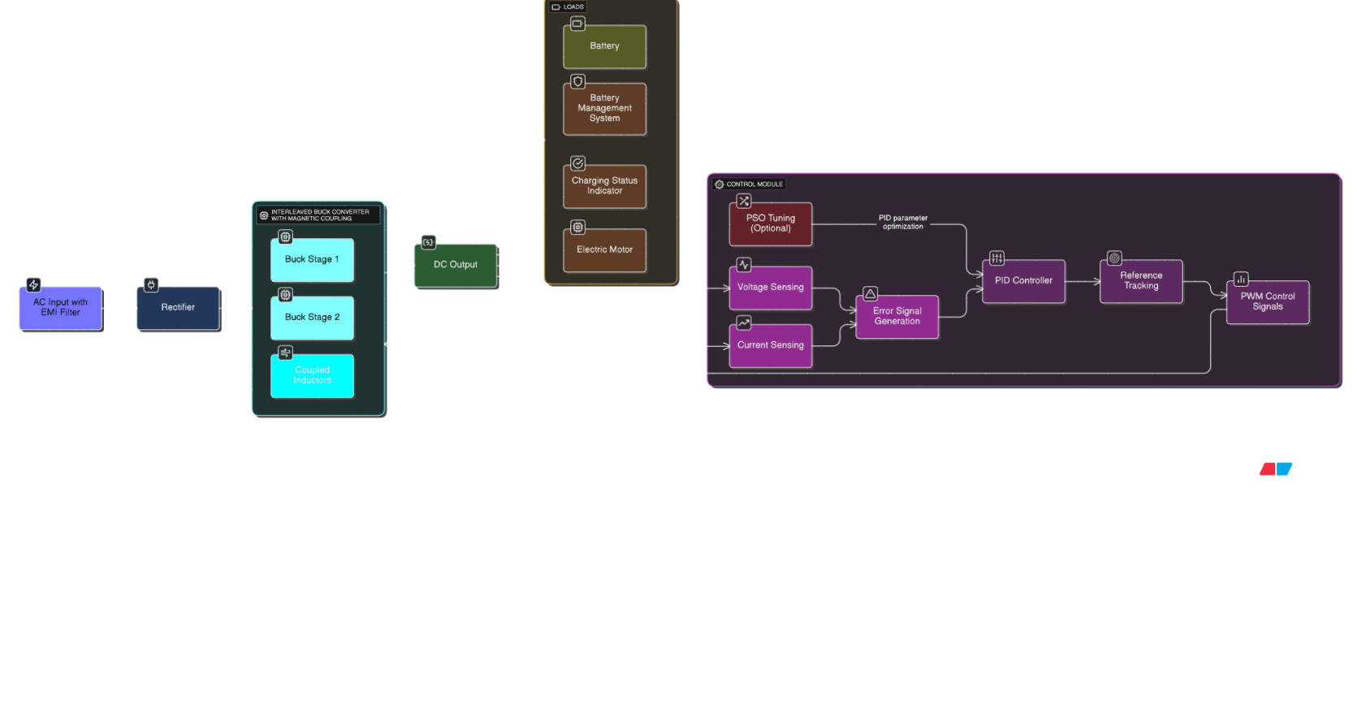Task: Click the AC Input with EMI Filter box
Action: coord(60,308)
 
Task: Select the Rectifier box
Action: coord(178,308)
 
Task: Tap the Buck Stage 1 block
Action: coord(312,260)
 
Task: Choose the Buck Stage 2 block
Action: coord(312,318)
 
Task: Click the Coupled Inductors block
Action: coord(312,375)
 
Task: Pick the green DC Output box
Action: coord(455,265)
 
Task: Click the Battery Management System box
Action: coord(604,109)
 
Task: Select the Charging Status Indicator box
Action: coord(604,186)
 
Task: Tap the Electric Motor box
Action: coord(604,250)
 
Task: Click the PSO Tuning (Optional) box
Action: coord(770,223)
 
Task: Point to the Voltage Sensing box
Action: coord(770,288)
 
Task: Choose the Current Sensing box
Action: coord(770,345)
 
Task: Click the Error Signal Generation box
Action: coord(897,316)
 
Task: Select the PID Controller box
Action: coord(1023,281)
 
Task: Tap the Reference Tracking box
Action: coord(1141,281)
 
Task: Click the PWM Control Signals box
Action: coord(1267,302)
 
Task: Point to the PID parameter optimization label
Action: coord(903,223)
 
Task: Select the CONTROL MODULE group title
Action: coord(754,184)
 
